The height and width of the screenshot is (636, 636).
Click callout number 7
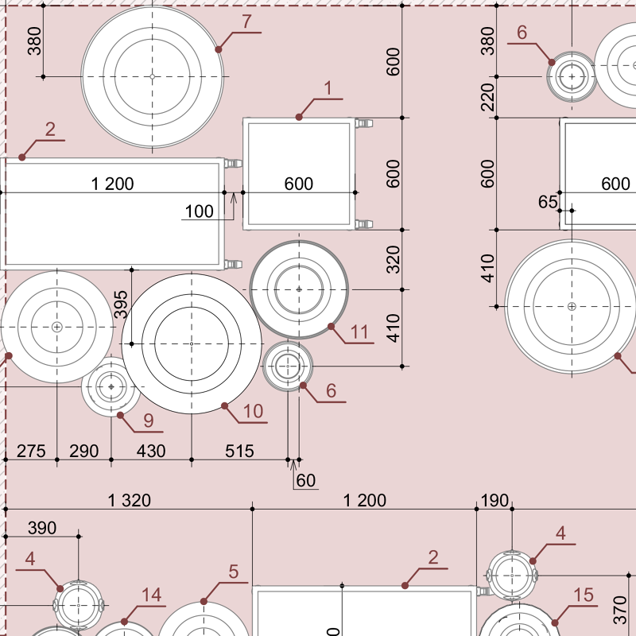click(x=247, y=22)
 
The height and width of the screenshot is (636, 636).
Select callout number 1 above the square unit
click(x=327, y=88)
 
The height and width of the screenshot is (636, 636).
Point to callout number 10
click(x=253, y=411)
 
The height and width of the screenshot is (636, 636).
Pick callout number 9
click(x=148, y=419)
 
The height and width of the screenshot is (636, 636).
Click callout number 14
click(x=151, y=595)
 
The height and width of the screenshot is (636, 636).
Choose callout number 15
click(x=584, y=595)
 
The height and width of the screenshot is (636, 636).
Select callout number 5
click(x=234, y=572)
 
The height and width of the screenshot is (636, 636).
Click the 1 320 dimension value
click(x=130, y=500)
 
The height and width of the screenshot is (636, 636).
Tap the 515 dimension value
click(x=239, y=452)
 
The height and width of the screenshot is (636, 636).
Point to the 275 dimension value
click(x=31, y=452)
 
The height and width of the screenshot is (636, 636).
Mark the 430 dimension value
click(x=151, y=452)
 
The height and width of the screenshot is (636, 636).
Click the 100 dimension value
click(x=199, y=211)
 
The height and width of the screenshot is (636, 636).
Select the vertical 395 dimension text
click(x=121, y=304)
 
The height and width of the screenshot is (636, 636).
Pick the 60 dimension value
click(x=305, y=480)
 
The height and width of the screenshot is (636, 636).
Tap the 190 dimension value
click(x=494, y=500)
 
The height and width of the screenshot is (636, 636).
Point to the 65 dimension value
click(x=548, y=202)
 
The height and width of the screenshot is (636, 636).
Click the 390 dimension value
click(x=42, y=528)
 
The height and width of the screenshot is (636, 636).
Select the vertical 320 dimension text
click(x=394, y=259)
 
